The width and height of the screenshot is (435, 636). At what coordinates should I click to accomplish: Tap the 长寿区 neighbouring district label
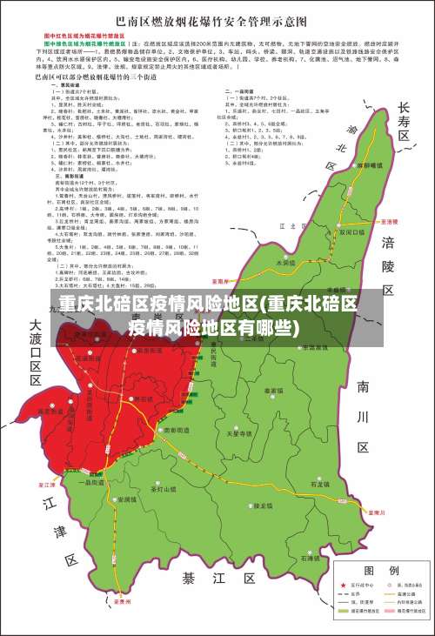[x=403, y=121]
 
